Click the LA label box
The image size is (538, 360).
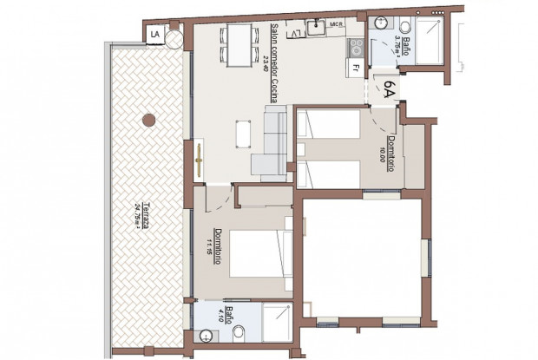tap(155, 34)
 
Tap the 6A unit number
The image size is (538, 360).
tap(390, 88)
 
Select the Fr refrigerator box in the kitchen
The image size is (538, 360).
tap(356, 66)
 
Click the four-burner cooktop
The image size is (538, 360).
tap(355, 45)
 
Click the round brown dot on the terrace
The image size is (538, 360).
tap(148, 117)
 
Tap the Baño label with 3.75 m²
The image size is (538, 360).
tap(399, 36)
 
